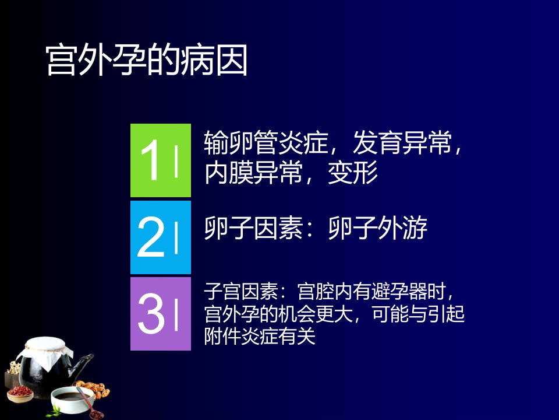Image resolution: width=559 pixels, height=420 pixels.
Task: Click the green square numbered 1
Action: tap(161, 160)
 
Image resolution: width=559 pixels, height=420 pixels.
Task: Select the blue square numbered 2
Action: tap(161, 237)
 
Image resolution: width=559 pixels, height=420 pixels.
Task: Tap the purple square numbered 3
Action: tap(161, 314)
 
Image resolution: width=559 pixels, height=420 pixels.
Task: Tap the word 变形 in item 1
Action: tap(353, 173)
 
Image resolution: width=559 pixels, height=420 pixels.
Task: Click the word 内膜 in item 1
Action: tap(229, 173)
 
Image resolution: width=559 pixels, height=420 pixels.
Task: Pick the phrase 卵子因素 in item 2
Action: tap(254, 228)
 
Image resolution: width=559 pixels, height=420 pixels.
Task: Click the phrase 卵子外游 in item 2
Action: tap(377, 228)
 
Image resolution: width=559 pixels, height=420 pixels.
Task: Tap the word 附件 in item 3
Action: tap(223, 336)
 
